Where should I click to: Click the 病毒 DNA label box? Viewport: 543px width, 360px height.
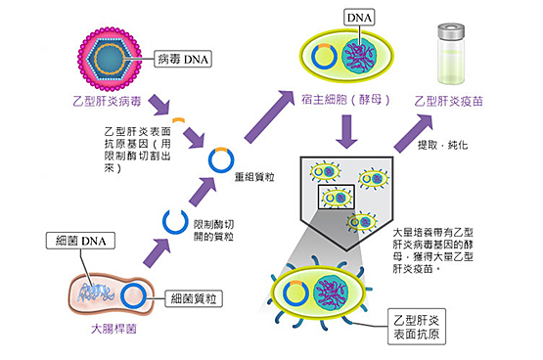point(183,59)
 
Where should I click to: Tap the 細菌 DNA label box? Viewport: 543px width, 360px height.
point(80,241)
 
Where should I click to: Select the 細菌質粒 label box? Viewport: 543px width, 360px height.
point(194,298)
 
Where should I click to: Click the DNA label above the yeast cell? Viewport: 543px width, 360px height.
point(359,18)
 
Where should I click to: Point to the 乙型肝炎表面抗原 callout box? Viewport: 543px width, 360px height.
point(417,327)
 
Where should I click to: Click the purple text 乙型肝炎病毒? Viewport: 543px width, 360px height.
point(108,101)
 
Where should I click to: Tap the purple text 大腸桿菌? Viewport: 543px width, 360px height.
point(113,329)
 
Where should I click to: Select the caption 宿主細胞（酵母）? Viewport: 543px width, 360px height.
point(345,100)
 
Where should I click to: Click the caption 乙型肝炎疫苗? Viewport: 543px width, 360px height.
point(448,101)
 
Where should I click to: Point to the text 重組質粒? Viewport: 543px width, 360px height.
point(254,177)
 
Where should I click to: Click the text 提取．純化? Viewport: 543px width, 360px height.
point(443,145)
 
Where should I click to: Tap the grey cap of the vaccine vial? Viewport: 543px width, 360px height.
point(451,31)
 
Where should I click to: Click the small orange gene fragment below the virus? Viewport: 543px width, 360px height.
point(179,120)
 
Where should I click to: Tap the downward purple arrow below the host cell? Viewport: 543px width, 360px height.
point(346,131)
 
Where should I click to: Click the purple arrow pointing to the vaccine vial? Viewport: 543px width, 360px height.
point(413,133)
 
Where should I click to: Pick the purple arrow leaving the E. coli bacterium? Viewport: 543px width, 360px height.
point(157,253)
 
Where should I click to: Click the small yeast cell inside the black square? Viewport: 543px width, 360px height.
point(337,198)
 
